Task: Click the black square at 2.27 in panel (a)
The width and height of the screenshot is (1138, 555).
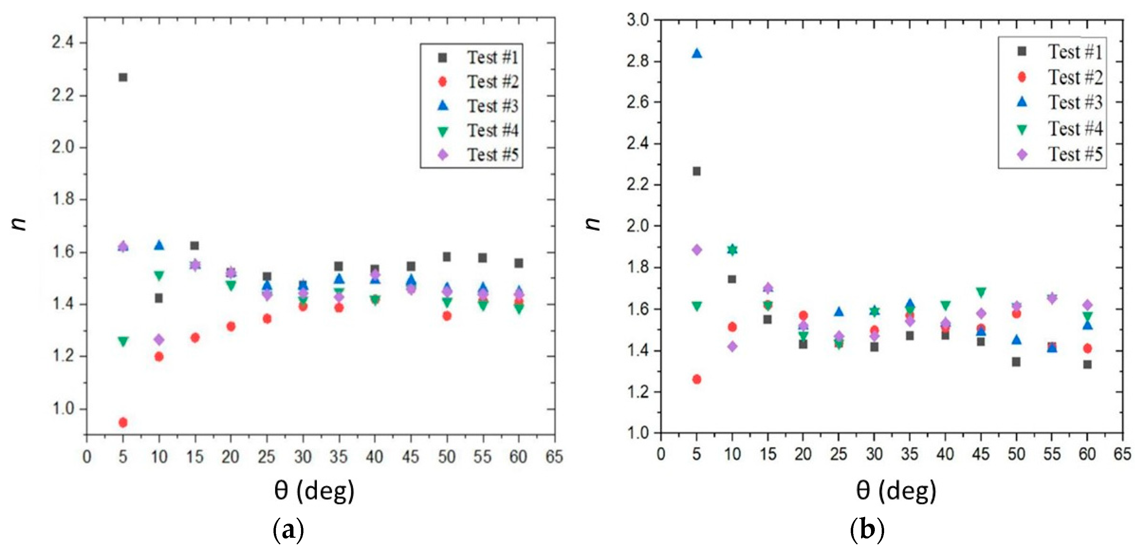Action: coord(123,77)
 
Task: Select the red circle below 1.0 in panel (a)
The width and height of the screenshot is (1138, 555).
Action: coord(123,422)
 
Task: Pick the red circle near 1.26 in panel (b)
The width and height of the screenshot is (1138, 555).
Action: coord(697,379)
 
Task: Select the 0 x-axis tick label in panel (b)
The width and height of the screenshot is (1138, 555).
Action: coord(661,454)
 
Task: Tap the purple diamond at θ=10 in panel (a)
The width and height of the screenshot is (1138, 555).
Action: coord(159,339)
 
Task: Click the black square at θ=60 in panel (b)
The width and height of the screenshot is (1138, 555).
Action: coord(1087,364)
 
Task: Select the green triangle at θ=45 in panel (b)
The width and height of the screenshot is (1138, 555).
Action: coord(981,292)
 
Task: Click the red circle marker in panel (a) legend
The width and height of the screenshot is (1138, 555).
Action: coord(442,82)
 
